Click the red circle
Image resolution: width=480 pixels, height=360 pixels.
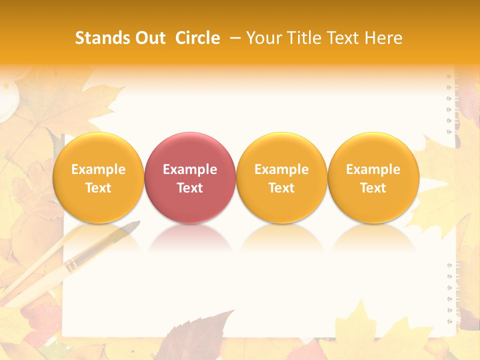pyautogui.click(x=190, y=177)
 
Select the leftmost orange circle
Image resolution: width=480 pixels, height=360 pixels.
pyautogui.click(x=98, y=177)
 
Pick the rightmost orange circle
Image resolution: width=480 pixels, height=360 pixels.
pyautogui.click(x=373, y=177)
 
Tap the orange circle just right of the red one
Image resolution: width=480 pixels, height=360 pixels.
pyautogui.click(x=281, y=177)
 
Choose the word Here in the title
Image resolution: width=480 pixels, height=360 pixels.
pyautogui.click(x=383, y=38)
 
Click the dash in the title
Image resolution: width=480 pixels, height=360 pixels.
pyautogui.click(x=235, y=38)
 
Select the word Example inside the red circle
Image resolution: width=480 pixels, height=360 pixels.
pyautogui.click(x=190, y=169)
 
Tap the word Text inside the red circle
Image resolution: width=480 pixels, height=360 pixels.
pyautogui.click(x=190, y=188)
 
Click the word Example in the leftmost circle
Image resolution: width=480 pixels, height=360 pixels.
pyautogui.click(x=98, y=169)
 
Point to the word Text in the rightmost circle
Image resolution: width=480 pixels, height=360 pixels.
pyautogui.click(x=373, y=188)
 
